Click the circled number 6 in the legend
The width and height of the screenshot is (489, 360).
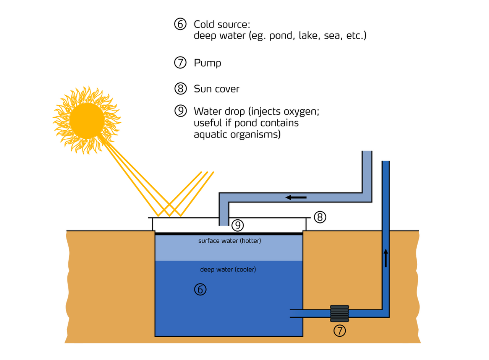pos(180,24)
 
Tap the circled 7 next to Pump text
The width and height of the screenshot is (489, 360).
pos(180,62)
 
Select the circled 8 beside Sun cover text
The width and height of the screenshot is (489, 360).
pos(181,88)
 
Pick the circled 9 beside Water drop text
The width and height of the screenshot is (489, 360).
pos(181,111)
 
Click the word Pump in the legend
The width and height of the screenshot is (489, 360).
pos(207,63)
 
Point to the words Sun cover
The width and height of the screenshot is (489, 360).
pos(216,89)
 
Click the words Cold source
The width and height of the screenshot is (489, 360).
pos(222,24)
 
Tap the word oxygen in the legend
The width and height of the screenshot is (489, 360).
pos(301,112)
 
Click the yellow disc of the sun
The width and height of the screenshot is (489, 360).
pos(87,120)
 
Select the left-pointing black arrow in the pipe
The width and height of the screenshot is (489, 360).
pos(296,198)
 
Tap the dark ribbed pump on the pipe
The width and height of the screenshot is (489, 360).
pos(340,313)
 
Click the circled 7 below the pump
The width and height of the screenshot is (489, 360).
pos(340,331)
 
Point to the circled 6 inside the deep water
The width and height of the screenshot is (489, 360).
pos(200,289)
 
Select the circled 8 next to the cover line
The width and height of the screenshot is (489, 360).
pos(320,217)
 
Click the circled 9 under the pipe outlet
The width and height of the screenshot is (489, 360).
pos(238,225)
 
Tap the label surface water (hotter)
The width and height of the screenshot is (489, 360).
pos(230,241)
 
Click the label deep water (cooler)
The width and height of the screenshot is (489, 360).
pos(228,269)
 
